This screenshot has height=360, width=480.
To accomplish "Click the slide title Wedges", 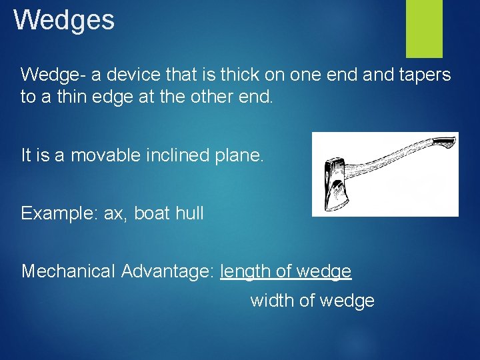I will click(x=64, y=20).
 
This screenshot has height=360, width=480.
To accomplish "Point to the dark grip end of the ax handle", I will click(x=443, y=141).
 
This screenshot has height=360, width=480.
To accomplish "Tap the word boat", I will click(x=152, y=213).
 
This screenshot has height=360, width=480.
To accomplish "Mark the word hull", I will click(x=189, y=213).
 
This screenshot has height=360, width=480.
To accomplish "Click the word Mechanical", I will click(x=69, y=271).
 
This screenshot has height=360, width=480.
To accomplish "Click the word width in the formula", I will click(x=272, y=301).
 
